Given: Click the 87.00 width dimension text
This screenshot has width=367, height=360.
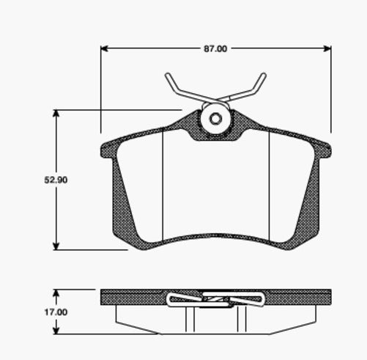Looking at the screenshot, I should coord(215,48).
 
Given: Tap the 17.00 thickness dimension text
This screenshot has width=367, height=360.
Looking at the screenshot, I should coord(56,312).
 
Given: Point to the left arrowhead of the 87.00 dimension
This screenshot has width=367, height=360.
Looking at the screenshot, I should coord(104,49).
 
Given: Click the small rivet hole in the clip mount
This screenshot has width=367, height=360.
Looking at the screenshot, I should coord(215,120).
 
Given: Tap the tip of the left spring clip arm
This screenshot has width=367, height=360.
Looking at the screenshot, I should coord(168,76).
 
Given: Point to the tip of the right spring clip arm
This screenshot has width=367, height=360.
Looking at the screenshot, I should coord(263,76).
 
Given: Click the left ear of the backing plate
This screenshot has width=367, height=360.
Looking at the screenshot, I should coord(108,150).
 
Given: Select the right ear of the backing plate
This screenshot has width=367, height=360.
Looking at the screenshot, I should coord(323,150).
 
